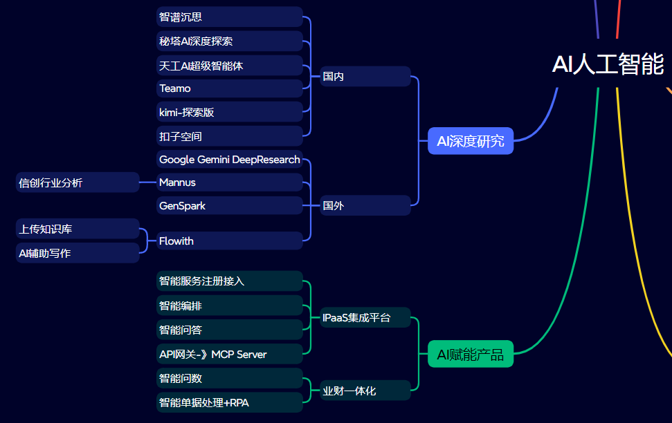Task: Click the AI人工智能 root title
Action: click(x=608, y=64)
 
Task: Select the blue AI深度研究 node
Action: click(x=471, y=141)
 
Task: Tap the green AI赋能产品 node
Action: click(x=471, y=355)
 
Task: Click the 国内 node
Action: click(x=365, y=77)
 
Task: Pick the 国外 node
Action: click(x=365, y=205)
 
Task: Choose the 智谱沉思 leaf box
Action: click(x=230, y=17)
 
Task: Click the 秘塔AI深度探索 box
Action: click(x=230, y=41)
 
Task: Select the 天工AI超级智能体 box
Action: click(x=230, y=66)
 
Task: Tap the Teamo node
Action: click(x=230, y=88)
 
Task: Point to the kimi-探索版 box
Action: click(x=230, y=112)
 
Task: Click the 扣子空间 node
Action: click(x=230, y=136)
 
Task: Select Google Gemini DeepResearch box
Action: click(x=230, y=160)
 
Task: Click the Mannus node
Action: click(x=230, y=182)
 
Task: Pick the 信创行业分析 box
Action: click(x=78, y=182)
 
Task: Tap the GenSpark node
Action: click(x=230, y=206)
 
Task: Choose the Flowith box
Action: click(x=230, y=241)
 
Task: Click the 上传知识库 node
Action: click(x=78, y=229)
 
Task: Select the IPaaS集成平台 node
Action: click(x=365, y=318)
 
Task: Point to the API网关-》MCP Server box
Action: click(x=230, y=355)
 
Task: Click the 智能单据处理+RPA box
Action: click(x=230, y=402)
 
